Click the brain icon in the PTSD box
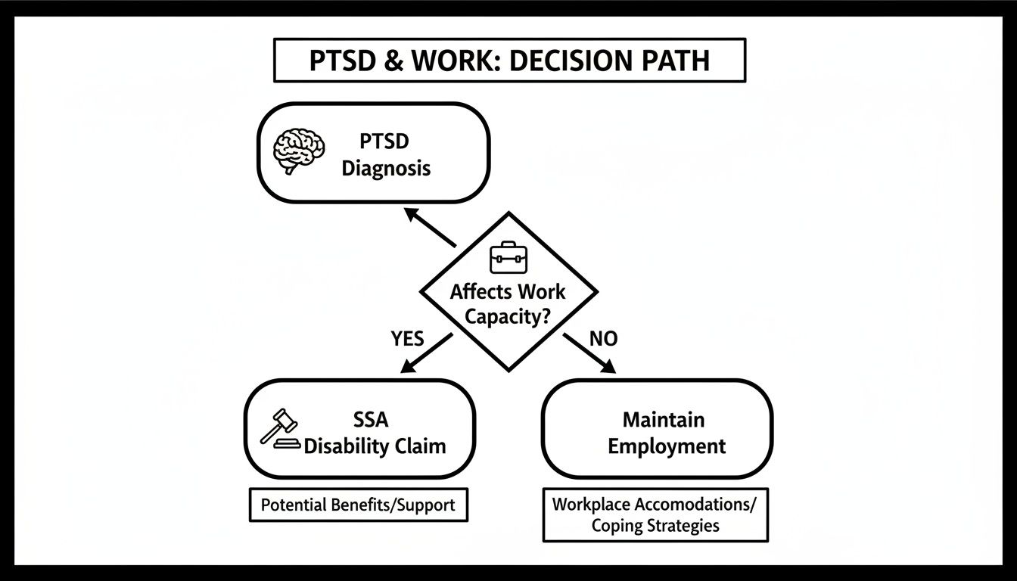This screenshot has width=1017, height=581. [x=299, y=150]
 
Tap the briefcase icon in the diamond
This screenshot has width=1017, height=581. [x=508, y=257]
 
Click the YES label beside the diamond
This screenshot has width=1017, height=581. [x=407, y=338]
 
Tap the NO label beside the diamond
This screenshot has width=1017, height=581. [x=602, y=338]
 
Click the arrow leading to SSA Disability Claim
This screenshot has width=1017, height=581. [x=425, y=353]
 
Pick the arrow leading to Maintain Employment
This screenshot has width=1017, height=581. [x=590, y=353]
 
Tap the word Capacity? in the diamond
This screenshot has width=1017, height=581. [x=508, y=315]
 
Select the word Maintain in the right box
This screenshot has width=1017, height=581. [x=663, y=419]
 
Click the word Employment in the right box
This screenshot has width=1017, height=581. [x=667, y=446]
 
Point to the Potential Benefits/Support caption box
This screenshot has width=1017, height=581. [x=358, y=505]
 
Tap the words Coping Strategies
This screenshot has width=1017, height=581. [x=655, y=525]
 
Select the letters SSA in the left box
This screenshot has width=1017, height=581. [x=372, y=419]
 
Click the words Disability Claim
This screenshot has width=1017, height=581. [x=375, y=446]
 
